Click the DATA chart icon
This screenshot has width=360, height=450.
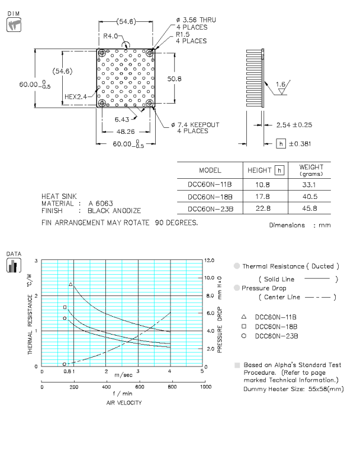click(12, 264)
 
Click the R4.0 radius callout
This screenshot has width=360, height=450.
click(112, 36)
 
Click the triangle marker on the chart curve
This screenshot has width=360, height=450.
click(71, 285)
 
